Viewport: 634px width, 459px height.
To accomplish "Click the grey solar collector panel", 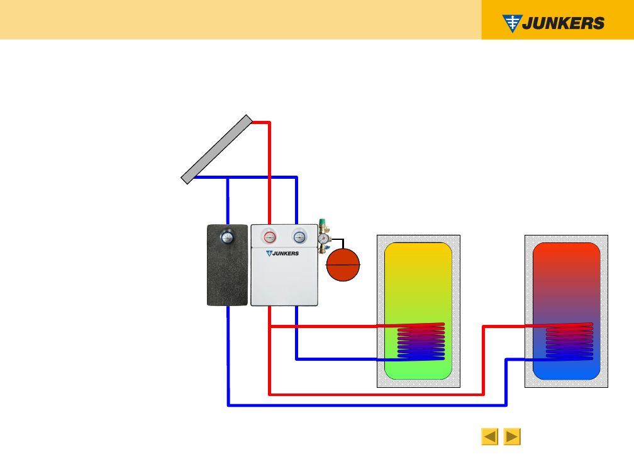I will point(217,149).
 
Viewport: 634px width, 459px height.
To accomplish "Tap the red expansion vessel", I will point(342,264).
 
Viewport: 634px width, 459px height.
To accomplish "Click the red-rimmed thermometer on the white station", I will point(270,237).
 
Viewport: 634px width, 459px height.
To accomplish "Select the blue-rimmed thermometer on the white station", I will point(300,237).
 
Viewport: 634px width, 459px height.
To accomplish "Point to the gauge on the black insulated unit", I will point(226,237).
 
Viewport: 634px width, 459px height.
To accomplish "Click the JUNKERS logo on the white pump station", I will point(282,253).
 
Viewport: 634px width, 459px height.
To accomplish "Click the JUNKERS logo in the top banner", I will point(553,23).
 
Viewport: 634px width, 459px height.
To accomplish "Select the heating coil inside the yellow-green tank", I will point(421,343).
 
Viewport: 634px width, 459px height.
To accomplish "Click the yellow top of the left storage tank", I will point(418,258).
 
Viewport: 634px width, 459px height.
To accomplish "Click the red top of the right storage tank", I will point(566,258).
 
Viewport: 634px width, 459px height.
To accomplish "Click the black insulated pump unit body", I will point(227,277).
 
